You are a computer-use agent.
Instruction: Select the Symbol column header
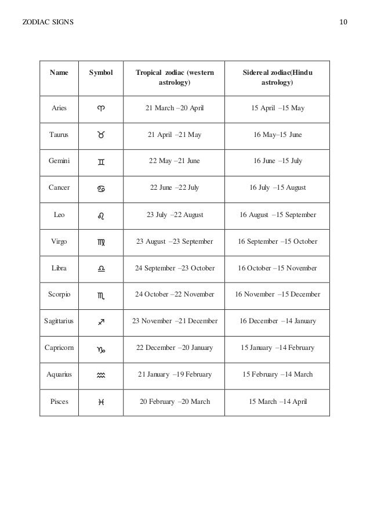101,73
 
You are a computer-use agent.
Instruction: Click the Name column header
59,73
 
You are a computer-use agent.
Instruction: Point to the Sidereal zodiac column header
277,78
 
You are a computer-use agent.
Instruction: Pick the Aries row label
59,109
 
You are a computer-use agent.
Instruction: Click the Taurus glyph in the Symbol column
102,135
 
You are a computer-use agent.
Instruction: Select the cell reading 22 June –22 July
174,188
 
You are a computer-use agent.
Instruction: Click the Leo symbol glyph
102,215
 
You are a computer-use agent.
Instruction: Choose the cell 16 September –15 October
277,241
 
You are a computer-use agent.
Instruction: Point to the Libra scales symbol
102,269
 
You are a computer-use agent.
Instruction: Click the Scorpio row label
59,294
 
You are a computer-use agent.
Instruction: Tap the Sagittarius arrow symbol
102,321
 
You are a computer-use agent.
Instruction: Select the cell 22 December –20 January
174,348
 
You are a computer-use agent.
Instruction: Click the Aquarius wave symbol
102,375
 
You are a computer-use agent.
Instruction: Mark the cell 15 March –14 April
277,401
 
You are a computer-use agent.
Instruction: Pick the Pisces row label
59,401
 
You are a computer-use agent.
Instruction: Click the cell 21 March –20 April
174,109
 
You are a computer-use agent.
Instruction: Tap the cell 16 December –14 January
277,321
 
